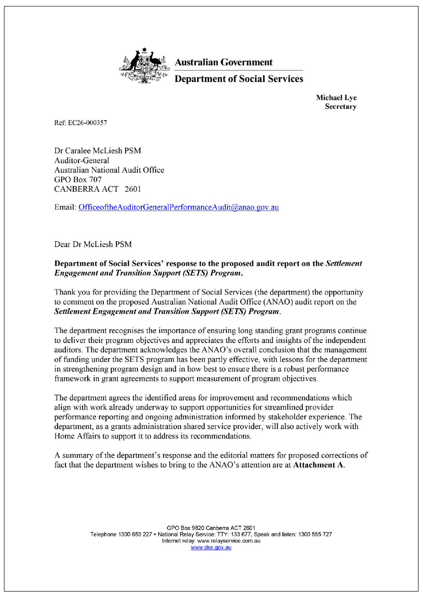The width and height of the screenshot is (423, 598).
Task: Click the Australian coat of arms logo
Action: click(x=144, y=66)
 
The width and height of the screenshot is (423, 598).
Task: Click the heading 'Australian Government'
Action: click(x=223, y=62)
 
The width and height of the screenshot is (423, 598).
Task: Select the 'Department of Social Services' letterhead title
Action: click(x=239, y=79)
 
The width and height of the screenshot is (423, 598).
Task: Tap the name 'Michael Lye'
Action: click(x=336, y=98)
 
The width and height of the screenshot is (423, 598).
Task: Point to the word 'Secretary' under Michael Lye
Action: click(x=340, y=107)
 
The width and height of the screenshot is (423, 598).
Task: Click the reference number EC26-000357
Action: click(x=87, y=123)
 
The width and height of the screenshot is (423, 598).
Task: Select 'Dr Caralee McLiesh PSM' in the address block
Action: click(x=98, y=151)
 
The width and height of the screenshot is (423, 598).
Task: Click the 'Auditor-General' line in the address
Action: click(x=82, y=160)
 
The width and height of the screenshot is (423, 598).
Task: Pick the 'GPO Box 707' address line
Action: click(x=78, y=180)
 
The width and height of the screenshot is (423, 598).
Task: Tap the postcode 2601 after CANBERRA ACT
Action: click(x=133, y=189)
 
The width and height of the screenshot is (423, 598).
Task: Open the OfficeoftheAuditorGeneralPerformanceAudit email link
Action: click(x=178, y=207)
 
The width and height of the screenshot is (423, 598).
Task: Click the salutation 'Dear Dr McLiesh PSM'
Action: click(x=93, y=245)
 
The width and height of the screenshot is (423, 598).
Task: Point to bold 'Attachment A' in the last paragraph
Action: click(x=318, y=465)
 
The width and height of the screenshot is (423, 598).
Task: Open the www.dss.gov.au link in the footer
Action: click(x=211, y=547)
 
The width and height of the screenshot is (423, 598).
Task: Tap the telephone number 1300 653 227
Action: click(x=135, y=534)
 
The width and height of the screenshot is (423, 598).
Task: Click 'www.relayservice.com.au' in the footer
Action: click(x=229, y=541)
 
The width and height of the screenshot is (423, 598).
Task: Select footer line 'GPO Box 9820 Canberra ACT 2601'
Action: click(x=211, y=528)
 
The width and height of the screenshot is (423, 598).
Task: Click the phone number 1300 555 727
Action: click(x=315, y=534)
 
